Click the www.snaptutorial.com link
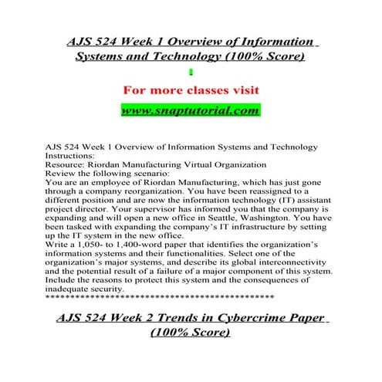(190, 111)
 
